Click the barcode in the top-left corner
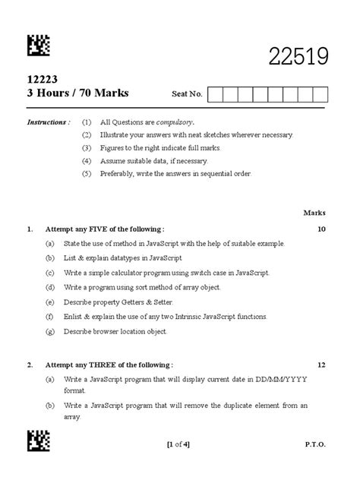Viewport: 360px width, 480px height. [39, 46]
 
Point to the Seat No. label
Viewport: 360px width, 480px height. [187, 94]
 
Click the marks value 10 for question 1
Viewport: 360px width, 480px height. [321, 229]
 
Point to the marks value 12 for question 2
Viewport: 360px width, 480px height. [321, 365]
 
